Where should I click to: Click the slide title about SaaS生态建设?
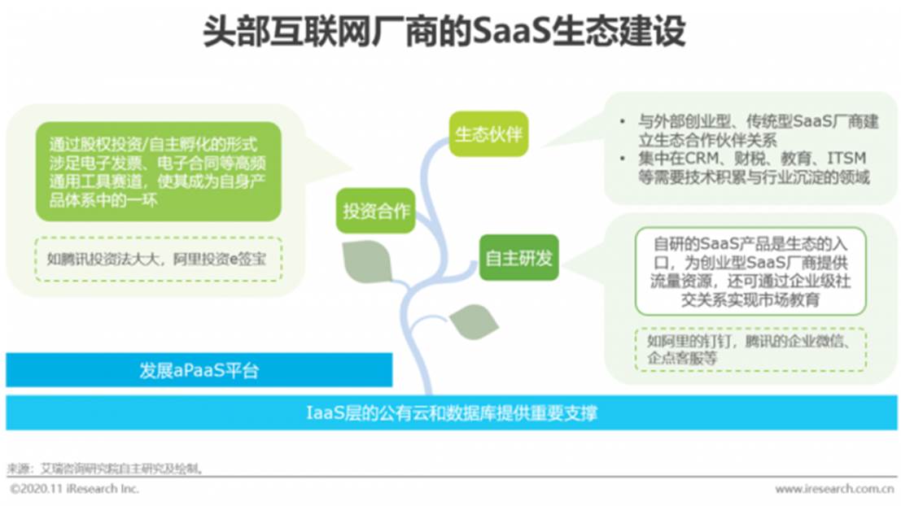pyautogui.click(x=444, y=31)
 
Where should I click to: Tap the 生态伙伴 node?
pyautogui.click(x=488, y=134)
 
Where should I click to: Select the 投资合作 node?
pyautogui.click(x=376, y=211)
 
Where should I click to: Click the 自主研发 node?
pyautogui.click(x=519, y=258)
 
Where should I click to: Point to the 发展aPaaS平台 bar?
pyautogui.click(x=199, y=370)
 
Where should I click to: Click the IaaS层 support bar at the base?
pyautogui.click(x=451, y=412)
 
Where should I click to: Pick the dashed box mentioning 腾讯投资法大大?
pyautogui.click(x=158, y=259)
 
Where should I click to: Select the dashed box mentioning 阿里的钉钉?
pyautogui.click(x=750, y=349)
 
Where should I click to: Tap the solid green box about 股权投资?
pyautogui.click(x=158, y=171)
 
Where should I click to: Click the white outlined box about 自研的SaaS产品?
pyautogui.click(x=750, y=271)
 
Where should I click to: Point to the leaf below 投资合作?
pyautogui.click(x=367, y=262)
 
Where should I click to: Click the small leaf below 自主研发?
pyautogui.click(x=474, y=321)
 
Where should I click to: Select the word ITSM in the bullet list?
pyautogui.click(x=846, y=159)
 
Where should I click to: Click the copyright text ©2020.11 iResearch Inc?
pyautogui.click(x=75, y=489)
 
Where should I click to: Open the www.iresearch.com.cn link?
pyautogui.click(x=834, y=489)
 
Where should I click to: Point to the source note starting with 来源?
pyautogui.click(x=105, y=469)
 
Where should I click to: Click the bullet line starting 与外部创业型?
pyautogui.click(x=759, y=130)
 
